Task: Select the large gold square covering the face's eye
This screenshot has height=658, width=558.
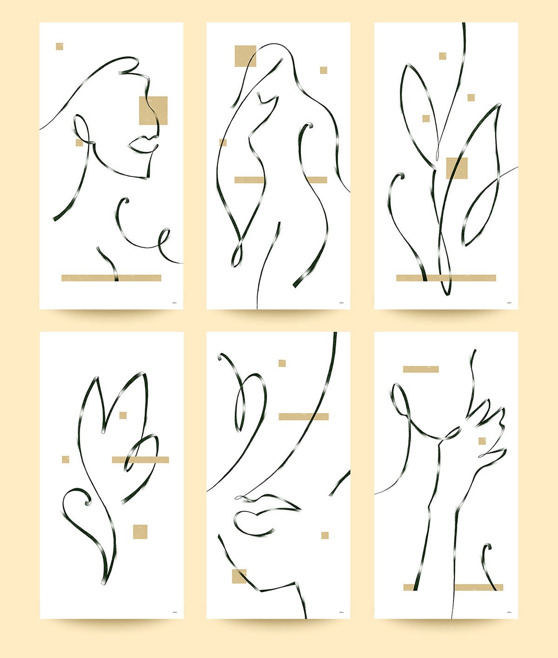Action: (x=153, y=110)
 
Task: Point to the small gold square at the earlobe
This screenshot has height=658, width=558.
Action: (x=79, y=142)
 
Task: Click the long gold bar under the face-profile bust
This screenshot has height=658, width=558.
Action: (x=111, y=278)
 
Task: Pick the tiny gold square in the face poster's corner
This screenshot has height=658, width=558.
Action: (x=60, y=47)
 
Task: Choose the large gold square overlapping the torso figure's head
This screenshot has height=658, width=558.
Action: (x=246, y=56)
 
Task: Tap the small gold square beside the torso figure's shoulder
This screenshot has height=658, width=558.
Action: (x=323, y=70)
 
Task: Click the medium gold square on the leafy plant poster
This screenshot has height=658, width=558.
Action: (x=457, y=168)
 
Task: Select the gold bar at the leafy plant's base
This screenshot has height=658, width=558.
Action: (x=446, y=278)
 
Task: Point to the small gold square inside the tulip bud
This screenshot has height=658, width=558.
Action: (x=123, y=415)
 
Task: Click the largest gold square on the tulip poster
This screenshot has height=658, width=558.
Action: (x=140, y=531)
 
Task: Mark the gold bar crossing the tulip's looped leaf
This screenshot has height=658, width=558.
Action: (x=140, y=460)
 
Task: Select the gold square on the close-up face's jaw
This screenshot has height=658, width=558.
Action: (x=239, y=576)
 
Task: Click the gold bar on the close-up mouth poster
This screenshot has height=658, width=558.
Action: (x=304, y=416)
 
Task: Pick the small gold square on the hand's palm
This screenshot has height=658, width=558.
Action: (x=482, y=441)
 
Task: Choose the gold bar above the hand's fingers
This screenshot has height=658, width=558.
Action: (x=421, y=369)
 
